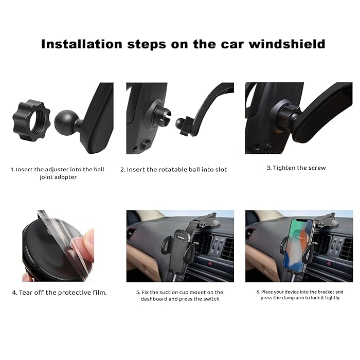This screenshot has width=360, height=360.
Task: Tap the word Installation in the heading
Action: (x=81, y=44)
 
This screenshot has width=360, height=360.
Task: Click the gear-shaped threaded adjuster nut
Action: (x=31, y=120)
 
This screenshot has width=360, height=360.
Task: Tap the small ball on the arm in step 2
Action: (x=180, y=124)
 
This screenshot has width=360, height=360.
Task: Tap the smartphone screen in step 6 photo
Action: (x=298, y=245)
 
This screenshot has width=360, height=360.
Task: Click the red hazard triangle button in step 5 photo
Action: (x=210, y=263)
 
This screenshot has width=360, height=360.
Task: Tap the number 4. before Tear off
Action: (x=15, y=293)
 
